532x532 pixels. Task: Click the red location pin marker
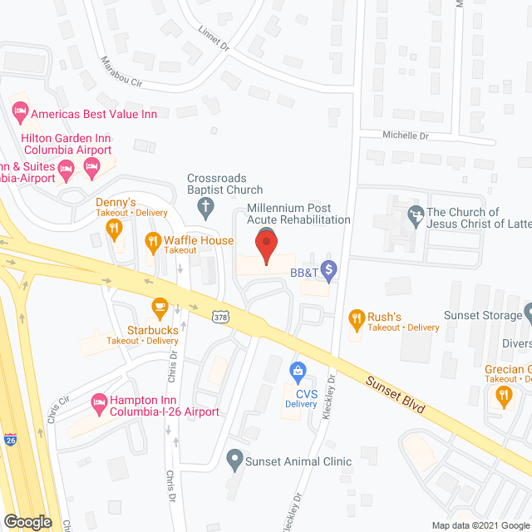[x=266, y=245]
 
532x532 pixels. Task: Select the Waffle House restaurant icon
[x=153, y=241]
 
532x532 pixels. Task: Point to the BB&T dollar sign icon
[x=330, y=269]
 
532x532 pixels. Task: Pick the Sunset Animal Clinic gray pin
[x=235, y=458]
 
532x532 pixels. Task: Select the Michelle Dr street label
[x=405, y=135]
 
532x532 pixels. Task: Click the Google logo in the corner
[x=27, y=521]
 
